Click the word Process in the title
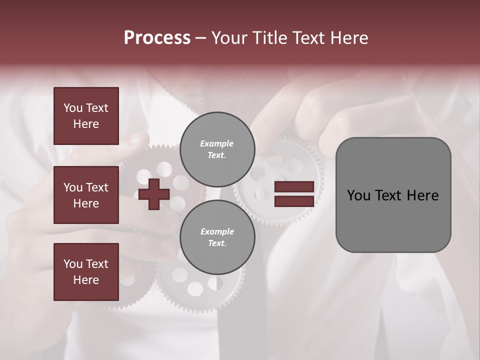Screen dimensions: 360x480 point(157,38)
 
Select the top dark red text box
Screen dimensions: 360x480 point(86,116)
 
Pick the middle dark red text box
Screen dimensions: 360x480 point(86,195)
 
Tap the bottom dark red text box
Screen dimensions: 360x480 point(86,271)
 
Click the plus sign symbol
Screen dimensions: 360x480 point(154,194)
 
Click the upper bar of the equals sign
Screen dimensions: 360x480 point(294,186)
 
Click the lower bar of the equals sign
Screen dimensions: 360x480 point(294,201)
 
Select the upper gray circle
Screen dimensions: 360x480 point(217,149)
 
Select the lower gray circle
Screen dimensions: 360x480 point(217,237)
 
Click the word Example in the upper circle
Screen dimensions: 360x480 point(217,143)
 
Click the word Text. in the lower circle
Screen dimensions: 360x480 point(217,243)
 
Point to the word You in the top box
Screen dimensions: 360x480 point(73,108)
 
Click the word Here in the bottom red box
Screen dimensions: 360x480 point(86,280)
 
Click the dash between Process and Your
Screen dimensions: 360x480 point(200,38)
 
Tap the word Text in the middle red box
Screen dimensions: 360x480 point(96,187)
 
